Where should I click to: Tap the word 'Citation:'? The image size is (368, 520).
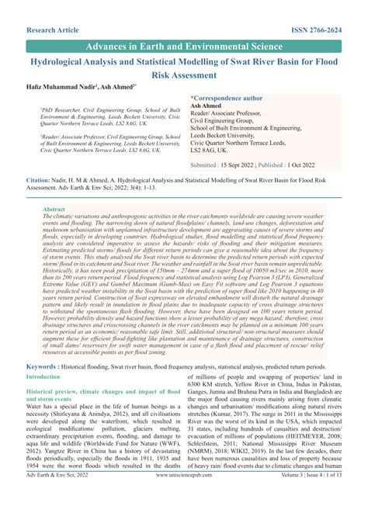click(40, 179)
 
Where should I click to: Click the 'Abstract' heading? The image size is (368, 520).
click(54, 210)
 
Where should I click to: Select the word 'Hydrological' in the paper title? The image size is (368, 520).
click(64, 62)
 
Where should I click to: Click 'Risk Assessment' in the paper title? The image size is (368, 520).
click(184, 75)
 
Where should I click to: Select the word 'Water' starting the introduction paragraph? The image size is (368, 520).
click(36, 406)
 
